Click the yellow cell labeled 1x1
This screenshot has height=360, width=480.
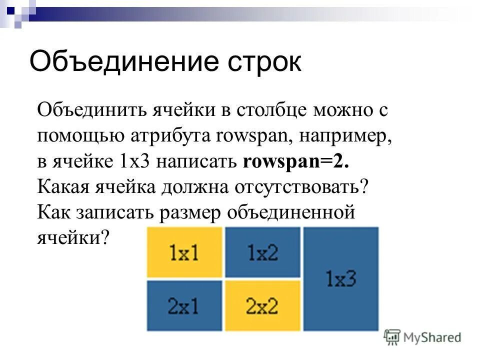pos(184,252)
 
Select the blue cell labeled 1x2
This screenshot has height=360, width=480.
pos(262,252)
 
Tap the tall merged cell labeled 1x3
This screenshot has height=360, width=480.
pos(341,278)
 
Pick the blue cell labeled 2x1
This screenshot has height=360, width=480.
pos(184,305)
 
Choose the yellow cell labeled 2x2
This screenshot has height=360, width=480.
pos(262,305)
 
